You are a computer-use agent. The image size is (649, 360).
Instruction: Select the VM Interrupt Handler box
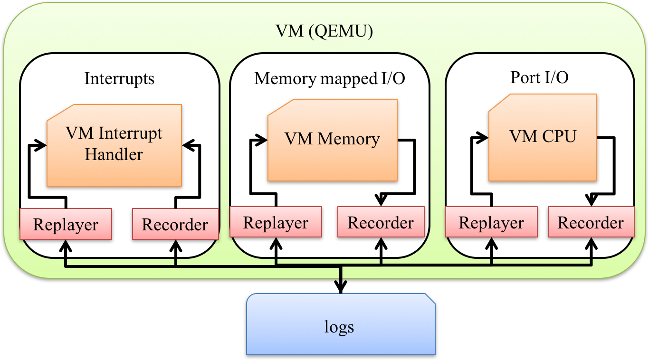tap(114, 145)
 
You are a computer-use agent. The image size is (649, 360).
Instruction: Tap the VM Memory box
tap(332, 140)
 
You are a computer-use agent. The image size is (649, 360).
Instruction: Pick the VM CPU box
tap(543, 138)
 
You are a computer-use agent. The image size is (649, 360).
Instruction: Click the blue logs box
tap(340, 326)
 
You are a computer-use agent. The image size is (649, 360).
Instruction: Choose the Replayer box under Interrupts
tap(66, 224)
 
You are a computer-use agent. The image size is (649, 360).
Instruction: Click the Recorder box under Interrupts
tap(175, 224)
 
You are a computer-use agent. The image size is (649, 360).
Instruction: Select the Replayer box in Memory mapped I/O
tap(276, 222)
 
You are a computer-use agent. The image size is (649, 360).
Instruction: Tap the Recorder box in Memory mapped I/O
tap(381, 222)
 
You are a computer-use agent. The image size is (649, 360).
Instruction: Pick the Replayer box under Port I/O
tap(491, 222)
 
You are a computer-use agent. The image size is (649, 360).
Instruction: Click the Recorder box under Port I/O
tap(591, 222)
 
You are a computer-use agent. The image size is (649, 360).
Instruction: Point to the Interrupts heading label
tap(119, 78)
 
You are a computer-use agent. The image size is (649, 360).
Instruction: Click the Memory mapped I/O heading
tap(330, 78)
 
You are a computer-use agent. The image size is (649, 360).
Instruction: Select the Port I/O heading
tap(539, 77)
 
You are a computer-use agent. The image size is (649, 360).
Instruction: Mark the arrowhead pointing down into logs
tap(340, 287)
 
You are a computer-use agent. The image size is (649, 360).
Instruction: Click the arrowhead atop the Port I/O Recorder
tap(591, 200)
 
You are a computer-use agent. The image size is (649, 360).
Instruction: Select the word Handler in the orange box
tap(114, 154)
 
